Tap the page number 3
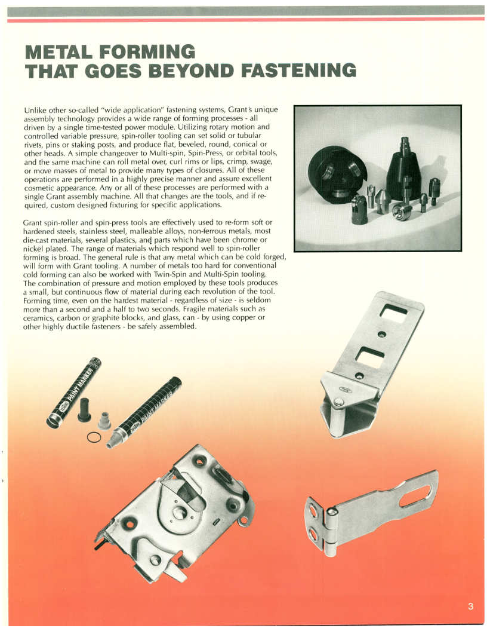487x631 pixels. [x=470, y=606]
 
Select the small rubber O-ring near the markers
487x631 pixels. [x=94, y=437]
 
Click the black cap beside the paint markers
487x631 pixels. [x=84, y=410]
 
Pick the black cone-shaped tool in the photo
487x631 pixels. [x=405, y=169]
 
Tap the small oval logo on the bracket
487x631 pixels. [x=345, y=389]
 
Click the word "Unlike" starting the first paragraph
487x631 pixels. [x=35, y=110]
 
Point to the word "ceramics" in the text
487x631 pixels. [x=36, y=318]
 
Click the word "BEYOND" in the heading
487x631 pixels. [x=191, y=70]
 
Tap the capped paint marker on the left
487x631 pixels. [x=73, y=393]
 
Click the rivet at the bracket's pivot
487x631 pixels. [x=339, y=402]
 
